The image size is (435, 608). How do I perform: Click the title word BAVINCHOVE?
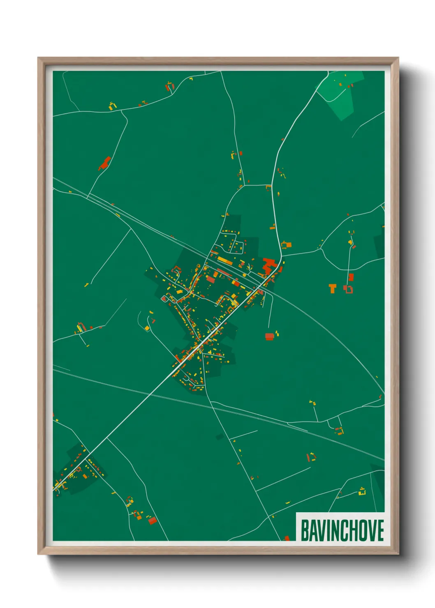[x=342, y=530]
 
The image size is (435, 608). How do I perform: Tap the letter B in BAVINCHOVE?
[x=305, y=530]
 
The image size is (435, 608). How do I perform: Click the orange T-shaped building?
[x=332, y=288]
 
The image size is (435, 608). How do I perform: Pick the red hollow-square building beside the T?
[x=349, y=289]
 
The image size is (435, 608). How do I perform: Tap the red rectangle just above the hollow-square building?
[x=351, y=277]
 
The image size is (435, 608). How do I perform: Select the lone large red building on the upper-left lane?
[x=105, y=163]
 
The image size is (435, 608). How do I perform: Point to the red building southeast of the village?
[x=269, y=337]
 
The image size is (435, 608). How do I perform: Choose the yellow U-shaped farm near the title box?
[x=362, y=491]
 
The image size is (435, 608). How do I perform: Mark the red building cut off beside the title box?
[x=287, y=538]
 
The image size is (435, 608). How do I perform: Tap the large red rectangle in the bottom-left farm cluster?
[x=153, y=521]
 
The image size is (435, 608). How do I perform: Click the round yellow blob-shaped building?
[x=350, y=242]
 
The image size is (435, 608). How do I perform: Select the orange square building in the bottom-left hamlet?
[x=85, y=477]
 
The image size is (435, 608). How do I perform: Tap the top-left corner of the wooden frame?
[x=39, y=58]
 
